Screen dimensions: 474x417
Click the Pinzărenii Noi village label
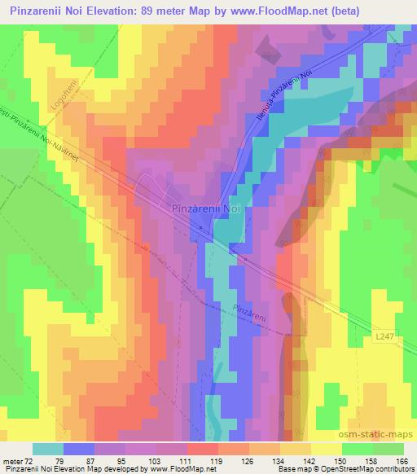coord(206,208)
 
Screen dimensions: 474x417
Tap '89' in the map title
coord(139,11)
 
